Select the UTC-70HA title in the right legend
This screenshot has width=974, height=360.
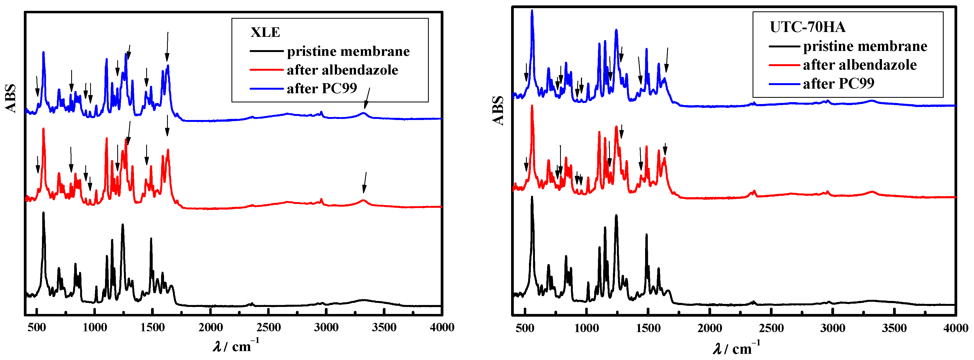807,27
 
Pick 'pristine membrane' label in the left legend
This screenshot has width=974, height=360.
348,51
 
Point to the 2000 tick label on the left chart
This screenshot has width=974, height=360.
211,327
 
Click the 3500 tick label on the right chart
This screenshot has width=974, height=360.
894,328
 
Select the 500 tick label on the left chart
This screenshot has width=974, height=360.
37,327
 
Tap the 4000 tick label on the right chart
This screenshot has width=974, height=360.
956,328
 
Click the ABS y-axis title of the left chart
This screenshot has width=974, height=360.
11,98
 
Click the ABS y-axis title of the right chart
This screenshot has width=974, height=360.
498,111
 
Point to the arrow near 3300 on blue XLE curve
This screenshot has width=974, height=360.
367,98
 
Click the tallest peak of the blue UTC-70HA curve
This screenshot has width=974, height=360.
532,11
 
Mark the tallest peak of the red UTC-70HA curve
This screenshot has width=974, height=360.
532,106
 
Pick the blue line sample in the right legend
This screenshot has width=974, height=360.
784,84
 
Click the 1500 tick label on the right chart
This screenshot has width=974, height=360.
648,328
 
